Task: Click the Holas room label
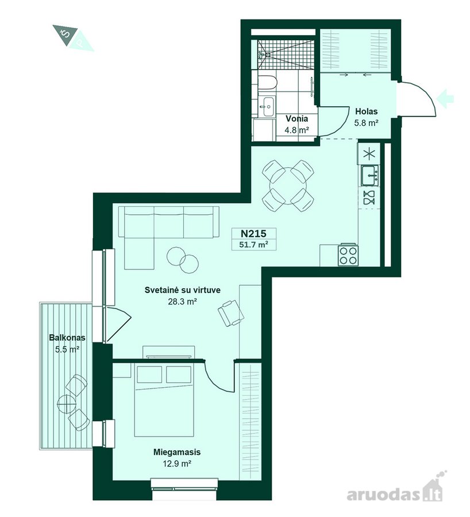click(x=367, y=111)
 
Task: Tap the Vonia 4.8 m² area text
click(x=297, y=130)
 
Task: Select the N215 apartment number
click(x=253, y=233)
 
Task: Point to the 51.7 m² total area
click(x=253, y=245)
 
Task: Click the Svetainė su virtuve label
click(x=183, y=290)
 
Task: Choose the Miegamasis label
click(x=177, y=452)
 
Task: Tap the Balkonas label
click(x=67, y=338)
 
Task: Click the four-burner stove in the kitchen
click(x=348, y=255)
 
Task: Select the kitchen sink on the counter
click(x=369, y=175)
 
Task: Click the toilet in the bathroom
click(x=267, y=83)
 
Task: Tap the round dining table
click(x=288, y=186)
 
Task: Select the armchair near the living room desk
click(x=231, y=312)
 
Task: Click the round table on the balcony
click(x=67, y=403)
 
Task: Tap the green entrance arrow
click(x=445, y=98)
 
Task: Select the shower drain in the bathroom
click(x=268, y=54)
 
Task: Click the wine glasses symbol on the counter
click(x=369, y=198)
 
